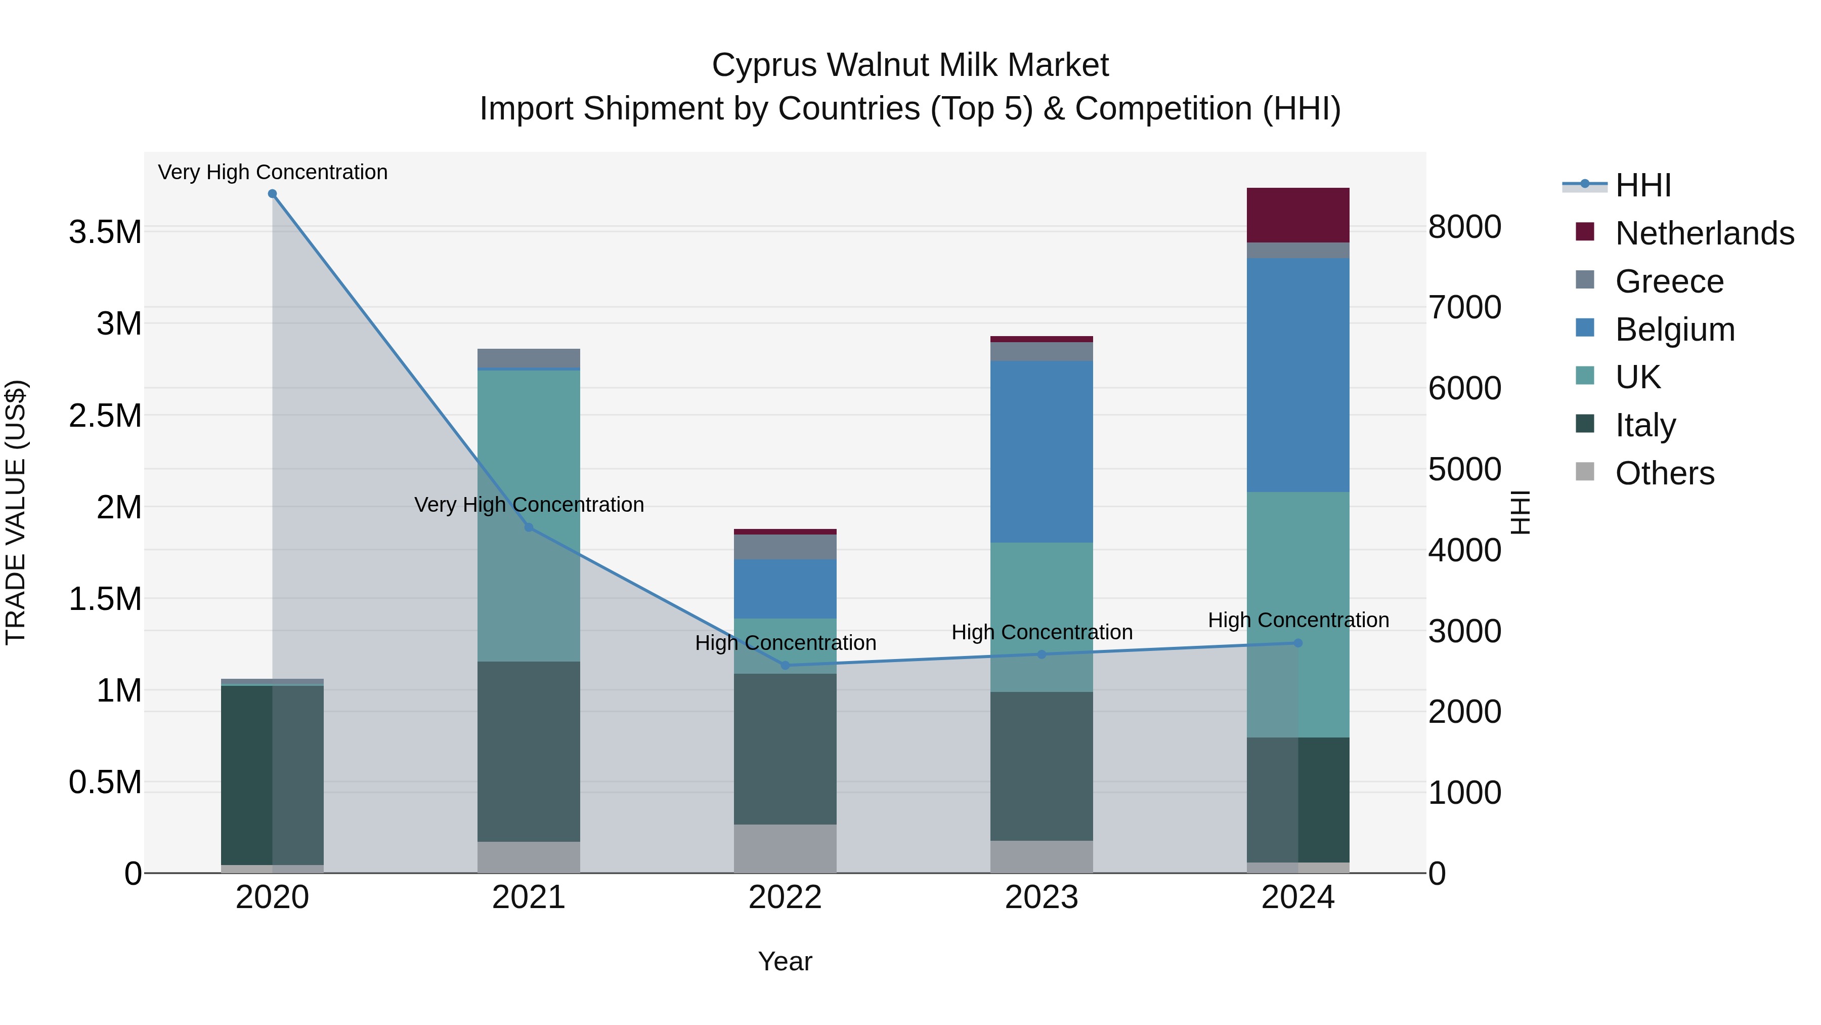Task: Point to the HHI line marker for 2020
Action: click(x=272, y=194)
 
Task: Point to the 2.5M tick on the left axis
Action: click(x=105, y=415)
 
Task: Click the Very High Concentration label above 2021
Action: click(x=528, y=504)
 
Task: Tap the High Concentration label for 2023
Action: click(x=1042, y=632)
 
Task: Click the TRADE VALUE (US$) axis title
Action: click(x=16, y=512)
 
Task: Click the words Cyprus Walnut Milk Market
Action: click(x=910, y=65)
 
